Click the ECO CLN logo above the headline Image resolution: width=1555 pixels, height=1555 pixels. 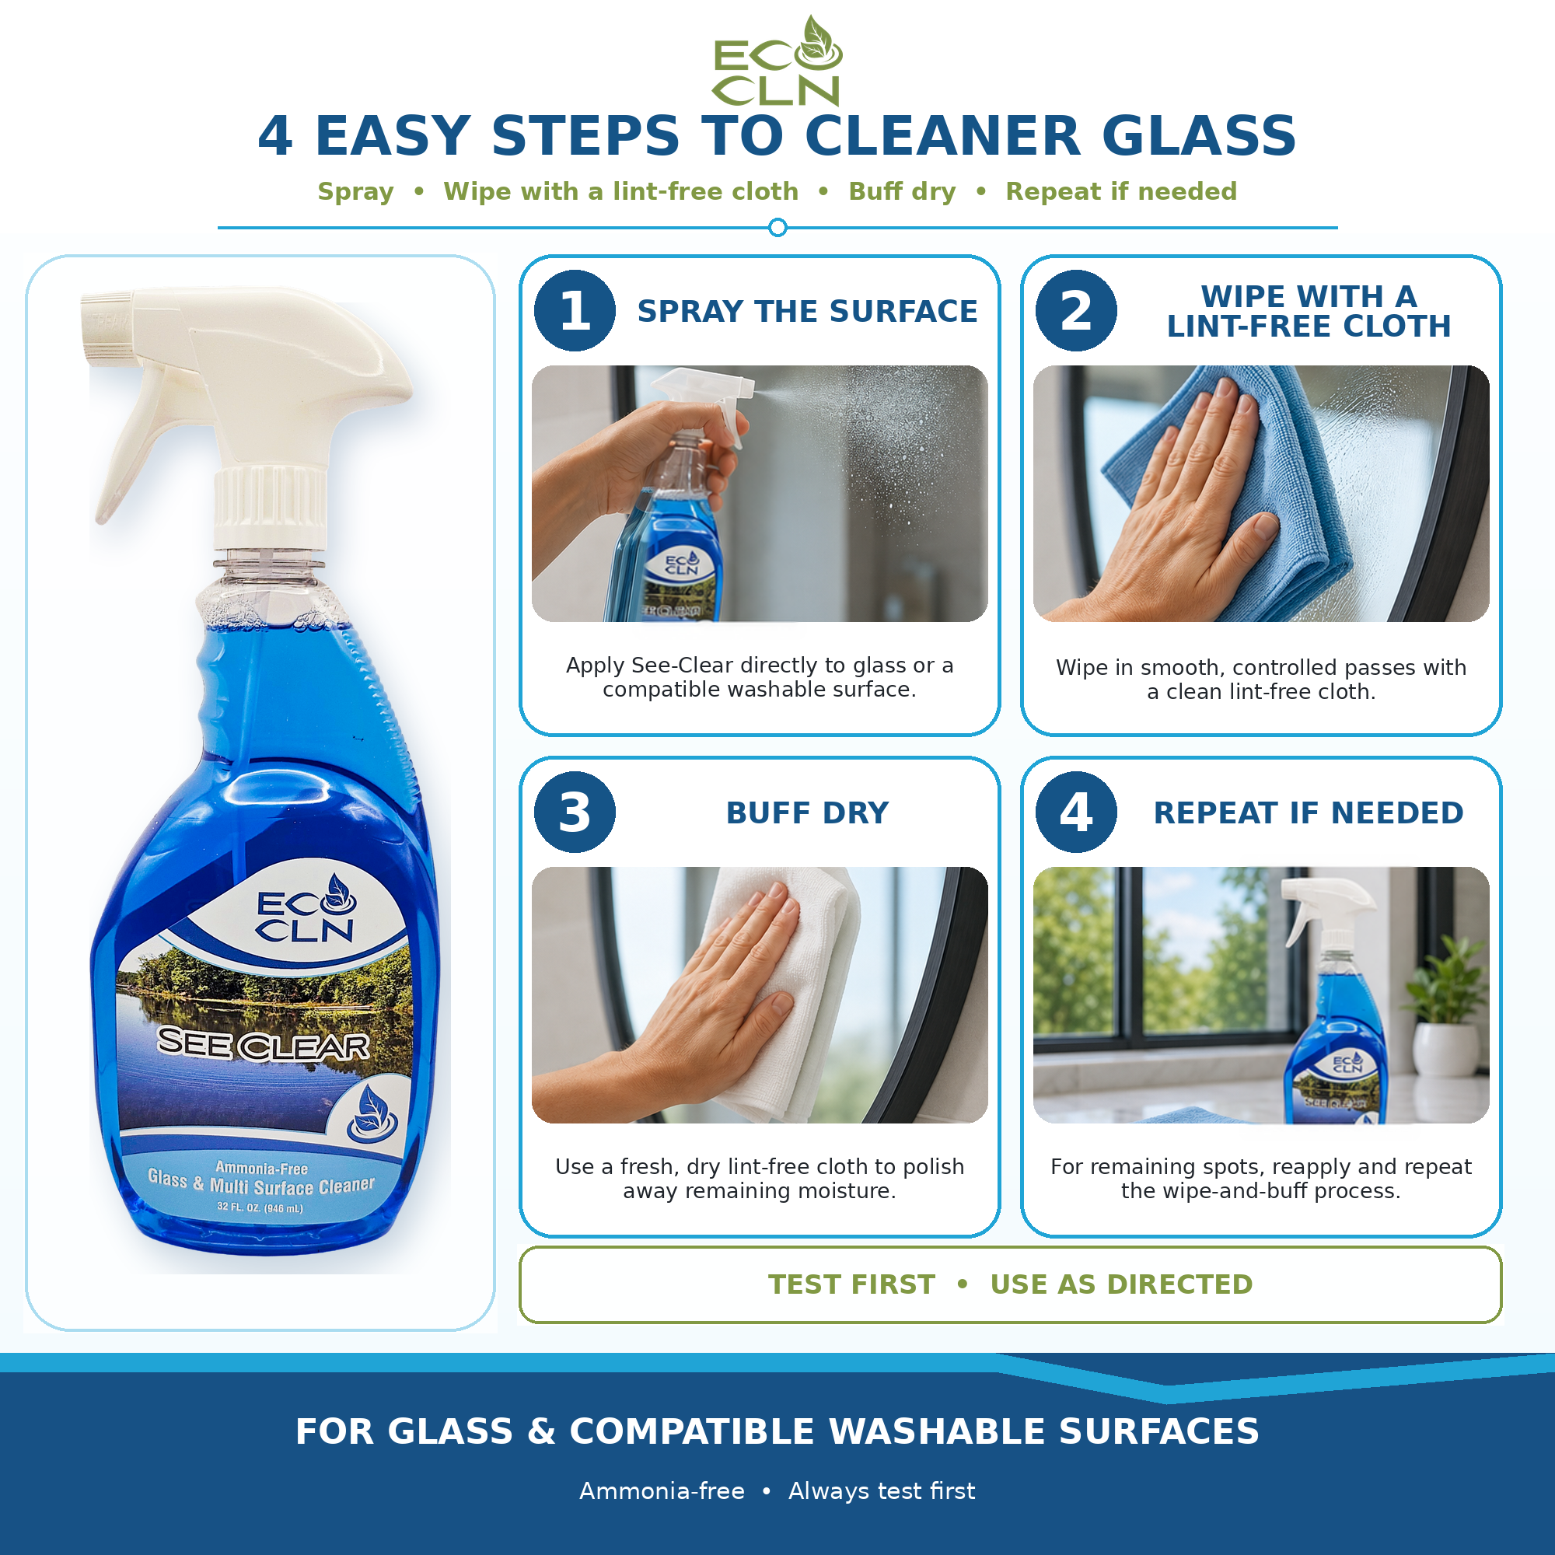(777, 61)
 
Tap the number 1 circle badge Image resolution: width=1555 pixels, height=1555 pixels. (575, 311)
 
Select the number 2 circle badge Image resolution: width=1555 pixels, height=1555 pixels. (1076, 311)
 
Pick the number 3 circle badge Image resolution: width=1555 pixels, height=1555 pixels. (575, 812)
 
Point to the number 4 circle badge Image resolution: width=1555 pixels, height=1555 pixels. (1076, 812)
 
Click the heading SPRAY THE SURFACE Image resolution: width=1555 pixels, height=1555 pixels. (807, 312)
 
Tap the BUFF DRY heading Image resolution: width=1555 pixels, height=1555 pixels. (807, 813)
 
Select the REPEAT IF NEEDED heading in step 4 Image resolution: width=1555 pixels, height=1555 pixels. (1309, 813)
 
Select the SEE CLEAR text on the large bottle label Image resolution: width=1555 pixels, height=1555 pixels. (264, 1044)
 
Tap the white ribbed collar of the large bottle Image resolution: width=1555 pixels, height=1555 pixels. (271, 507)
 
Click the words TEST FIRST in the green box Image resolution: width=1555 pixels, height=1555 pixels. (851, 1284)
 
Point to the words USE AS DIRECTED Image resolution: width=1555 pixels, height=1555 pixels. (1121, 1284)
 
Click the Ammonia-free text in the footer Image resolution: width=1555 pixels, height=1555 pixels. (662, 1491)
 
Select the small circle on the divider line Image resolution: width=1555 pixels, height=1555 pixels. (777, 228)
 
